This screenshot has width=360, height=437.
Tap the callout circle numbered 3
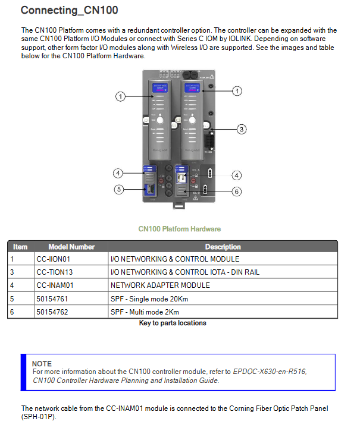pos(241,129)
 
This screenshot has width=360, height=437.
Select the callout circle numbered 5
pos(118,190)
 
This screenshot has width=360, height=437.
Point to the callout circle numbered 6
pos(237,191)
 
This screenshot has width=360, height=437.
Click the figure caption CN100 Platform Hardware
pos(179,229)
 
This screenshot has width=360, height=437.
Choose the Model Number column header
pos(71,247)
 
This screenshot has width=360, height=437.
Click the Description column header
pos(223,247)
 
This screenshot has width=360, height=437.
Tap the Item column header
pos(20,247)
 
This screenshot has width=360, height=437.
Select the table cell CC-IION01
pos(53,259)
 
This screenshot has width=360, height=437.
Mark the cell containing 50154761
pos(52,298)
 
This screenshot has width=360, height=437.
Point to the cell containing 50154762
pos(52,312)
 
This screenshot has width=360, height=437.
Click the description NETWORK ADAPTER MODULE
pos(160,285)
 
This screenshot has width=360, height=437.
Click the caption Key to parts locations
pos(173,323)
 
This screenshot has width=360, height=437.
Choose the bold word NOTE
pos(42,363)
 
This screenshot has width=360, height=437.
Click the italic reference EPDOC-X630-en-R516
pos(270,372)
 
